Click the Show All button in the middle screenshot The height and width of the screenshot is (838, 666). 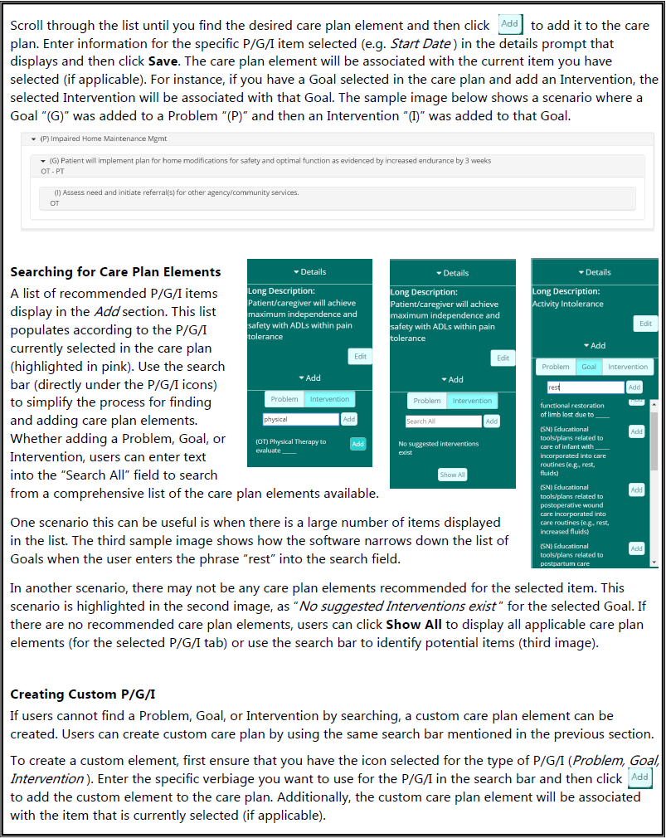click(452, 475)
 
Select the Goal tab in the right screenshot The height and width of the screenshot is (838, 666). click(589, 367)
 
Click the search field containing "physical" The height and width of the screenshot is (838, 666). click(300, 420)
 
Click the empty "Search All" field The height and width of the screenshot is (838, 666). click(443, 421)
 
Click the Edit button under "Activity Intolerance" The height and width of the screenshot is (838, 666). click(645, 324)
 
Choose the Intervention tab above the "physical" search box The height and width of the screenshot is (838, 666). click(329, 399)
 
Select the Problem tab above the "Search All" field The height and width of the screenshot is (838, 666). click(427, 401)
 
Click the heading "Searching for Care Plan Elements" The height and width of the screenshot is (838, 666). click(115, 272)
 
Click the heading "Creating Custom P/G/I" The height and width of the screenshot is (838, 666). click(83, 694)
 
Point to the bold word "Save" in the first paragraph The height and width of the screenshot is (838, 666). click(163, 62)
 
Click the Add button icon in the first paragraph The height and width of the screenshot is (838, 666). click(510, 24)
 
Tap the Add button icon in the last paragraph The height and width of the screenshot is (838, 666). click(639, 778)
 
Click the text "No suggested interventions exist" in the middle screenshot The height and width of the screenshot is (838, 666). click(438, 448)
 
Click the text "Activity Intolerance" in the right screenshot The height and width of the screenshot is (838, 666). click(568, 304)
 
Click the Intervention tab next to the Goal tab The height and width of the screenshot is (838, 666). click(628, 367)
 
